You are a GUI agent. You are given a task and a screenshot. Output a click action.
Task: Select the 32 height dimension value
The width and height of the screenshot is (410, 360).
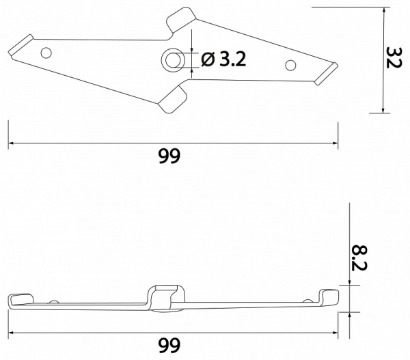pyautogui.click(x=393, y=60)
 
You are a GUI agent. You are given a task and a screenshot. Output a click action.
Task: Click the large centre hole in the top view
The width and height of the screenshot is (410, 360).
pyautogui.click(x=172, y=60)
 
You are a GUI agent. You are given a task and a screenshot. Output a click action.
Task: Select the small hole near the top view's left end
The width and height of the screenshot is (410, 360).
pyautogui.click(x=46, y=52)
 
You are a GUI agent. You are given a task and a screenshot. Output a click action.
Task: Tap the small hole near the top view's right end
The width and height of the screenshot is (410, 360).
pyautogui.click(x=290, y=66)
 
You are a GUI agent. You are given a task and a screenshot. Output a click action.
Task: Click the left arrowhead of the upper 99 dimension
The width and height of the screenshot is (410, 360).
pyautogui.click(x=12, y=143)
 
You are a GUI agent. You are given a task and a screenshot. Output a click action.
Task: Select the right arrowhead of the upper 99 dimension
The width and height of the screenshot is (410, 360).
pyautogui.click(x=335, y=143)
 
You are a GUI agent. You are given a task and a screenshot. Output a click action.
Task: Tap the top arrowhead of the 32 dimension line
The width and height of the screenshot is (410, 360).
pyautogui.click(x=383, y=9)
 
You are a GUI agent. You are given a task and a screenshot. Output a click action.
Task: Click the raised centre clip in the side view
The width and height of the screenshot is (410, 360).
pyautogui.click(x=167, y=297)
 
